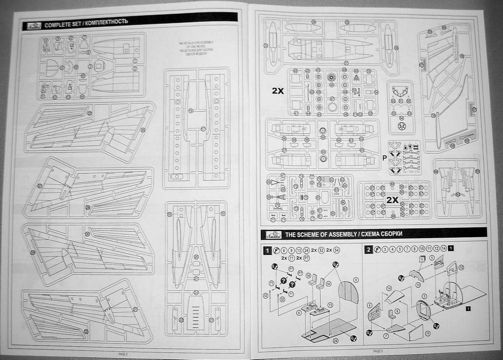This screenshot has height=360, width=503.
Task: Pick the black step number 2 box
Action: pyautogui.click(x=369, y=249)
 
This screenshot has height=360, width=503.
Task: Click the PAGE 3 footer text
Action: pyautogui.click(x=377, y=351)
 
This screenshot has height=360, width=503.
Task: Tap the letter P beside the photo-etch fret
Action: pyautogui.click(x=384, y=158)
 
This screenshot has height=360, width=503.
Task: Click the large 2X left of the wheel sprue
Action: pyautogui.click(x=278, y=91)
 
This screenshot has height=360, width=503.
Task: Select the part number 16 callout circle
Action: pyautogui.click(x=191, y=111)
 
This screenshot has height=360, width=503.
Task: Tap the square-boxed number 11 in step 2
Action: pyautogui.click(x=421, y=259)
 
